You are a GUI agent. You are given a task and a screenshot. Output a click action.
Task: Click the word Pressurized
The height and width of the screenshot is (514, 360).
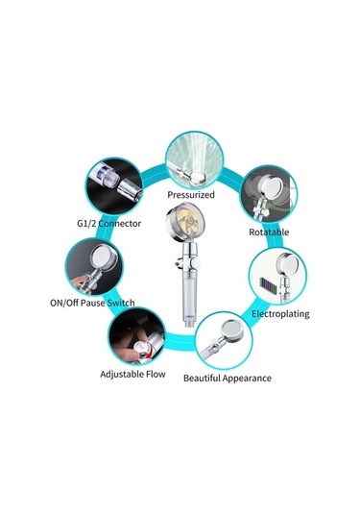point(191,195)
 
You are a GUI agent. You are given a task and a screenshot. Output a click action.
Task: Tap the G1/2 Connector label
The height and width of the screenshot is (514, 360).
point(108,224)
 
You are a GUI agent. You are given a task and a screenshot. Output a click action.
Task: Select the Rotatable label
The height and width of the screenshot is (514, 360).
point(269,233)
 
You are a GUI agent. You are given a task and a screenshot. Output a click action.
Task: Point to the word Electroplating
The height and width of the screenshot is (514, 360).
point(280,314)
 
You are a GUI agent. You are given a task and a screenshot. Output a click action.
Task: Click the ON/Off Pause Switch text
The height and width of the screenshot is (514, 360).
point(92,303)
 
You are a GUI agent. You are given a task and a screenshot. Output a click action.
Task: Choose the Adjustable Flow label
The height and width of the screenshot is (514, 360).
point(132,374)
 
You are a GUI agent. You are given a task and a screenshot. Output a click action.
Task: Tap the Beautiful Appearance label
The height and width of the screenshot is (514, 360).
point(228,379)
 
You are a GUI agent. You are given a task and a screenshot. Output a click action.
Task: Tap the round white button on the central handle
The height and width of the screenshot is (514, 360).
point(196,262)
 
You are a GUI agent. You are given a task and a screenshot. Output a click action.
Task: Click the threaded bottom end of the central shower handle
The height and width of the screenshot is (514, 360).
point(189,324)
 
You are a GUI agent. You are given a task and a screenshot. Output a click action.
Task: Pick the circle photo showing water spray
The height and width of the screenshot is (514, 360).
point(195,159)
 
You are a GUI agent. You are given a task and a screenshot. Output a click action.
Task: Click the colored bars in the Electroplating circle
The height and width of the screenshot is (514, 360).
point(268,285)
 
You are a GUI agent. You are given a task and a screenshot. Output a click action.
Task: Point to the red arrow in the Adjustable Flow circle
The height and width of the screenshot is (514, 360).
point(150,354)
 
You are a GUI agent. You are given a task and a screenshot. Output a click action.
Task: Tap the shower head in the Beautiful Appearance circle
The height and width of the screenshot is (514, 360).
point(231,331)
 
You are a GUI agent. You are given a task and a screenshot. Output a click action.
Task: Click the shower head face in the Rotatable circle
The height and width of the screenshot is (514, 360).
point(275,188)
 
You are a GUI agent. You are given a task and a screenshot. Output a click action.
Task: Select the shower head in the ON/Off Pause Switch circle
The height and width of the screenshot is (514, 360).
point(104,257)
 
